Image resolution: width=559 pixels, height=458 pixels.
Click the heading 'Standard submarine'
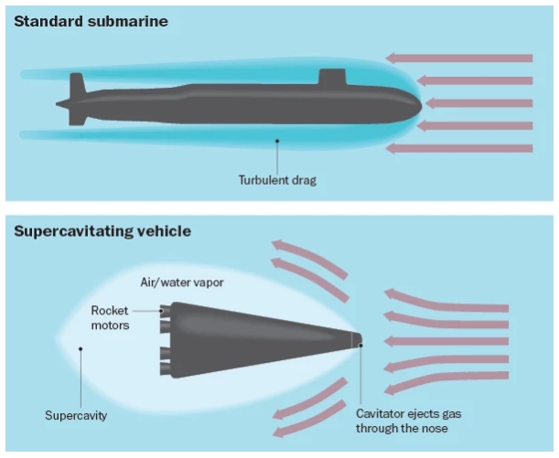coord(91,20)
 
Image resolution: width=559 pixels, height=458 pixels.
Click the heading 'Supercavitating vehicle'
coord(102,230)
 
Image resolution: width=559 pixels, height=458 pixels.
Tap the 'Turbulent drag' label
coord(276,180)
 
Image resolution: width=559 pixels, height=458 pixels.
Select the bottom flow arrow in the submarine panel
coord(466,147)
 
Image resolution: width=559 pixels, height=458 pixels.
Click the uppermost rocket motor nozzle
coord(166,312)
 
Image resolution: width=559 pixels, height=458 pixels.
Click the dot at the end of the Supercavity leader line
coord(81,348)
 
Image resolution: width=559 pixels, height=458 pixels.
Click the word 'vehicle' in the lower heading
coord(163,230)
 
